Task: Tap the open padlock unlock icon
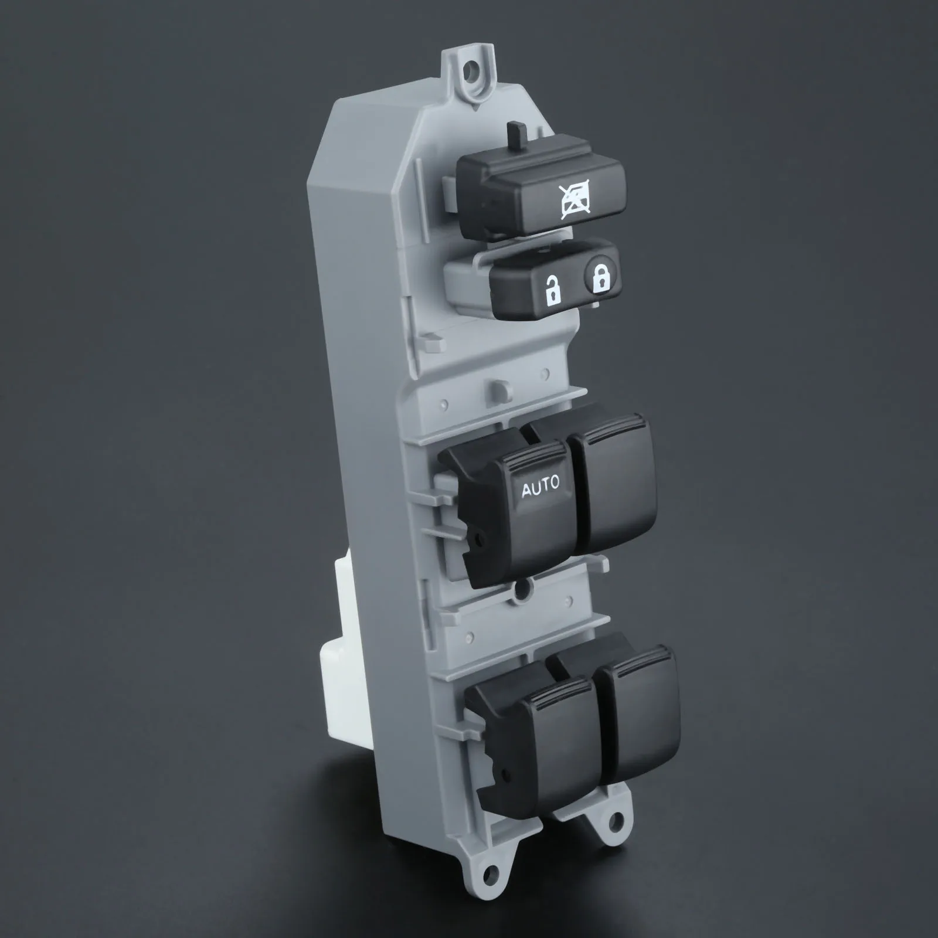552,290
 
